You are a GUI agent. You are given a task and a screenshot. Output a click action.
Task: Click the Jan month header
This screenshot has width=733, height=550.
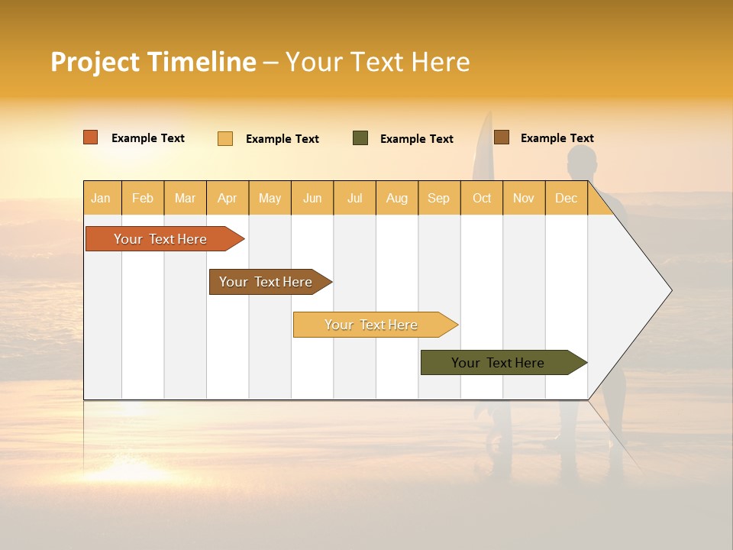[x=101, y=199]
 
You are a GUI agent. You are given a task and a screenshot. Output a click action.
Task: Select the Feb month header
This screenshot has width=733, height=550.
[x=143, y=199]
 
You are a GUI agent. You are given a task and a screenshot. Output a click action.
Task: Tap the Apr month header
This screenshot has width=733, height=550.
[x=228, y=199]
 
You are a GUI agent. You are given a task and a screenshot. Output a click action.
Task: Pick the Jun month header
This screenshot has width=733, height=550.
[x=312, y=199]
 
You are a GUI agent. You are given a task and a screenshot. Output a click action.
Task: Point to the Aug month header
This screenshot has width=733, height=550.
[x=397, y=199]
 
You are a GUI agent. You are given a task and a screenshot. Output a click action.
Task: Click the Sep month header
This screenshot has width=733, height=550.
[x=439, y=199]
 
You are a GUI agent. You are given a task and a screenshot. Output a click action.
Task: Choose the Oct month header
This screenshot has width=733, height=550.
[x=482, y=199]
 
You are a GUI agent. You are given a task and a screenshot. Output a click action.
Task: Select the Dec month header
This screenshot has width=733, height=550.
[x=567, y=199]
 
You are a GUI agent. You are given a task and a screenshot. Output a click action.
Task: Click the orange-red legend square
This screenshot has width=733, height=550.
[x=91, y=137]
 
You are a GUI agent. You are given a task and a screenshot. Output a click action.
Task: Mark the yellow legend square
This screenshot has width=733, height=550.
[x=225, y=138]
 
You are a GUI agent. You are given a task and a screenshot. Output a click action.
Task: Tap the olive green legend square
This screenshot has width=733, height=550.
[x=360, y=138]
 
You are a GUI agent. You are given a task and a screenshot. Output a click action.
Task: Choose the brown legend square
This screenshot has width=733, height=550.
[x=502, y=137]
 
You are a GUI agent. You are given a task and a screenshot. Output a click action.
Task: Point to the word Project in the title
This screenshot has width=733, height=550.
[x=95, y=62]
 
